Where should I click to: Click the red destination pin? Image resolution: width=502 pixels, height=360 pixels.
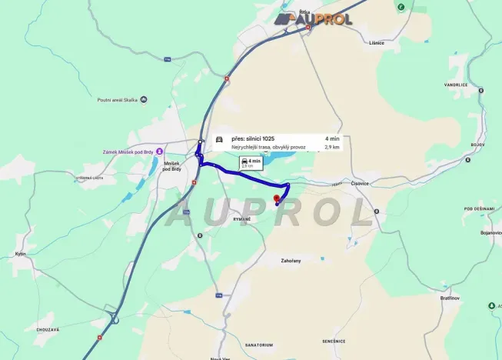pyautogui.click(x=277, y=198)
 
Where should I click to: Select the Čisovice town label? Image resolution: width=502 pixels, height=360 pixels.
pyautogui.click(x=360, y=183)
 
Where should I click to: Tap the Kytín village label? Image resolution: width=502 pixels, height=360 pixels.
pyautogui.click(x=21, y=254)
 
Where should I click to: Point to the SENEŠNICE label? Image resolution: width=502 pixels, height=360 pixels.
pyautogui.click(x=334, y=340)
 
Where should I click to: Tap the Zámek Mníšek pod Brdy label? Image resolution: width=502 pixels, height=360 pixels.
pyautogui.click(x=128, y=152)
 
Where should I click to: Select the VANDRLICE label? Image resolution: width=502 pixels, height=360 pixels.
pyautogui.click(x=456, y=85)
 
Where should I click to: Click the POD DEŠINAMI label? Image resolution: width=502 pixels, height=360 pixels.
pyautogui.click(x=479, y=208)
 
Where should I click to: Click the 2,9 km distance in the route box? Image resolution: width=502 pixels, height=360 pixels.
pyautogui.click(x=332, y=146)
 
